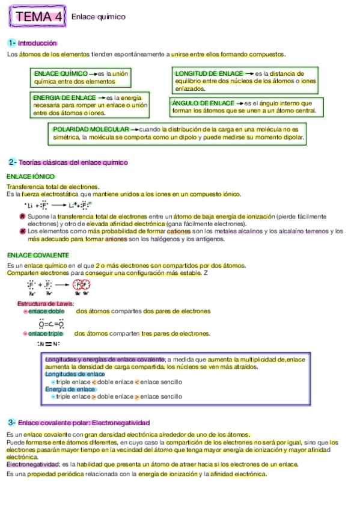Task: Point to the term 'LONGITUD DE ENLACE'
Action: coord(209,73)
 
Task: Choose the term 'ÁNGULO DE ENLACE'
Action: coord(203,103)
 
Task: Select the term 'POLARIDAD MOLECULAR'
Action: coord(91,129)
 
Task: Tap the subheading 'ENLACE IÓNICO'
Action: coord(30,177)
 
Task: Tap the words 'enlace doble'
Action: coord(46,312)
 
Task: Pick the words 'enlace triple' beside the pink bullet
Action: coord(46,333)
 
